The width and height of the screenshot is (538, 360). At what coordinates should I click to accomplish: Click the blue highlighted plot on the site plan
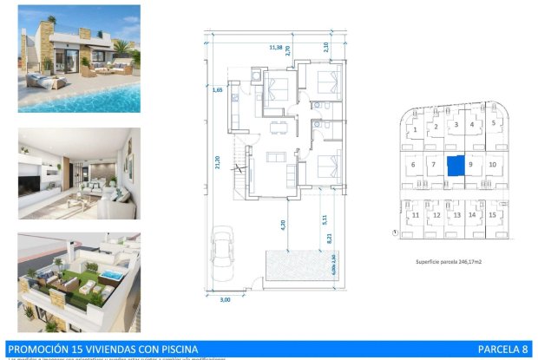point(456,165)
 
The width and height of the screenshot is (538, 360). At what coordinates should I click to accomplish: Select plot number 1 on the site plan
point(416,130)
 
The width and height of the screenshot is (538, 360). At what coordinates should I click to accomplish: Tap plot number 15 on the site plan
point(492,214)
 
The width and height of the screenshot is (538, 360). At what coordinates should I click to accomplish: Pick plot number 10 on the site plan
point(492,164)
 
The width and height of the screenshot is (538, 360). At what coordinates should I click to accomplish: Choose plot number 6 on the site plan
point(413,164)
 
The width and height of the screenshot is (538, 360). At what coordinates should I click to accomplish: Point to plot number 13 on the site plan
point(455,214)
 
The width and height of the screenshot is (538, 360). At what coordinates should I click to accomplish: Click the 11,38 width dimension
point(276,48)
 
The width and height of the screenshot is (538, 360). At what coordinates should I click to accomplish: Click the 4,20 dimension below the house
point(283,223)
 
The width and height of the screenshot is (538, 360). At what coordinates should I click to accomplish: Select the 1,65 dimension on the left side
point(219,88)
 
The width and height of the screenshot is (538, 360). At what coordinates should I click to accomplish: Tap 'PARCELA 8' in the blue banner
point(502,350)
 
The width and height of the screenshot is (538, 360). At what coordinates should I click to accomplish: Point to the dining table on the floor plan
point(278,131)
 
